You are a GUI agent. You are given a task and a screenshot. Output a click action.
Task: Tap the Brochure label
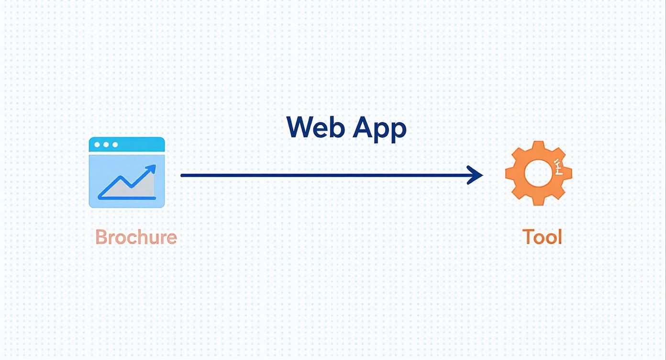[136, 237]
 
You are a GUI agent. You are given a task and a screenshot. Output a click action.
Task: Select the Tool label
[542, 237]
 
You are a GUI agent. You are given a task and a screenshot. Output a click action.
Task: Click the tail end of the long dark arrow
[182, 175]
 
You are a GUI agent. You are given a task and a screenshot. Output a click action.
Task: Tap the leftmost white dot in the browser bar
[97, 145]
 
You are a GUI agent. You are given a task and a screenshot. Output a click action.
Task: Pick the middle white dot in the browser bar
[106, 145]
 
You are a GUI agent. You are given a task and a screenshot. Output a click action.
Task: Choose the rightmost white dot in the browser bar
[115, 145]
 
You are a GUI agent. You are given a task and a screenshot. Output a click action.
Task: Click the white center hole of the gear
[538, 173]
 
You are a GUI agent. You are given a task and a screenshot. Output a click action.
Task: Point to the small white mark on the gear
[559, 166]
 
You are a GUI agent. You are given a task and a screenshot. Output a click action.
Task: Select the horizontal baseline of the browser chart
[127, 198]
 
